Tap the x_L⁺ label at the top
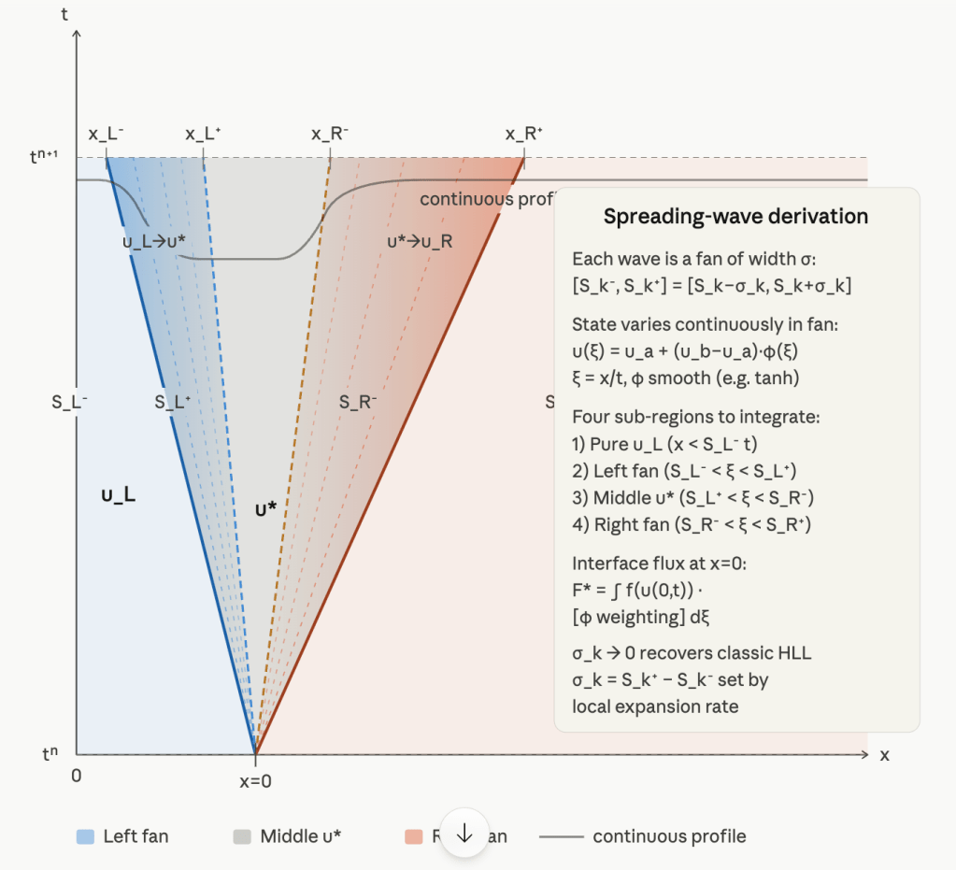point(203,135)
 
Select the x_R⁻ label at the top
point(330,135)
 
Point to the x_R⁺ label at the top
point(523,135)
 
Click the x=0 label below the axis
point(254,781)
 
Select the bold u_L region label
point(119,494)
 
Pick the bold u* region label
point(266,509)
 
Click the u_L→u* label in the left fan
point(154,242)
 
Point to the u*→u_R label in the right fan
point(420,242)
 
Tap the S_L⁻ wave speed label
point(70,403)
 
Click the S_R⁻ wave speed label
point(358,403)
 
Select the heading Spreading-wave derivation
point(735,217)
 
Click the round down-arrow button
point(465,832)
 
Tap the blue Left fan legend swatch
point(85,836)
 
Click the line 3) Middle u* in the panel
point(696,498)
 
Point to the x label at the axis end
point(884,755)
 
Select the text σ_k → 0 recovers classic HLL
point(692,653)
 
